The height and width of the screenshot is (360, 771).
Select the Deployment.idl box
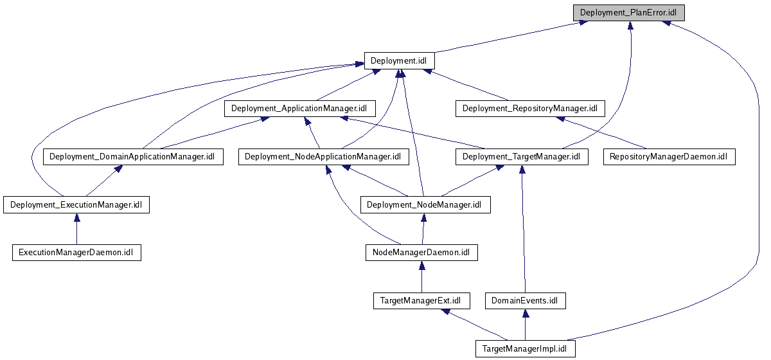pyautogui.click(x=399, y=61)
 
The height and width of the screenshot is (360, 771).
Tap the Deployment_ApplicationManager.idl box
pyautogui.click(x=299, y=109)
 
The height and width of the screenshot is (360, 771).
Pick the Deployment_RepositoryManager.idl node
pyautogui.click(x=530, y=109)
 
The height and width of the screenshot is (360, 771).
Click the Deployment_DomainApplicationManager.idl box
pyautogui.click(x=132, y=157)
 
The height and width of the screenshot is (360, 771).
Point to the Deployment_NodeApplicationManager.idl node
pyautogui.click(x=323, y=157)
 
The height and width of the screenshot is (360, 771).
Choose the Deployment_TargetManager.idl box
pyautogui.click(x=521, y=157)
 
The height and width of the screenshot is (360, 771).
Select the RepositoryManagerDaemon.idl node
pyautogui.click(x=669, y=157)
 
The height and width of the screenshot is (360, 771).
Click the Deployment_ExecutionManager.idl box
pyautogui.click(x=76, y=205)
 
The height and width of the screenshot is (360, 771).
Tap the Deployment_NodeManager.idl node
pyautogui.click(x=425, y=205)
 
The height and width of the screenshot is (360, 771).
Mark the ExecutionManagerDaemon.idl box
pyautogui.click(x=76, y=253)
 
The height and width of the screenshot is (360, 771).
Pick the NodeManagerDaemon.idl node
pyautogui.click(x=421, y=253)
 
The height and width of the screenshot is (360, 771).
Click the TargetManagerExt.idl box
pyautogui.click(x=421, y=301)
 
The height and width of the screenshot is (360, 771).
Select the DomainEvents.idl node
pyautogui.click(x=525, y=301)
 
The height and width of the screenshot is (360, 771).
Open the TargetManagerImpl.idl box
pyautogui.click(x=525, y=349)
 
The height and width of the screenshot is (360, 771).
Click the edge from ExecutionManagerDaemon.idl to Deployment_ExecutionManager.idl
pyautogui.click(x=76, y=230)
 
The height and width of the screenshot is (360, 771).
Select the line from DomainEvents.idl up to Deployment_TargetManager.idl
pyautogui.click(x=522, y=231)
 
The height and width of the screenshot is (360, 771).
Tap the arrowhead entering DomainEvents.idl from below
pyautogui.click(x=525, y=313)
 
